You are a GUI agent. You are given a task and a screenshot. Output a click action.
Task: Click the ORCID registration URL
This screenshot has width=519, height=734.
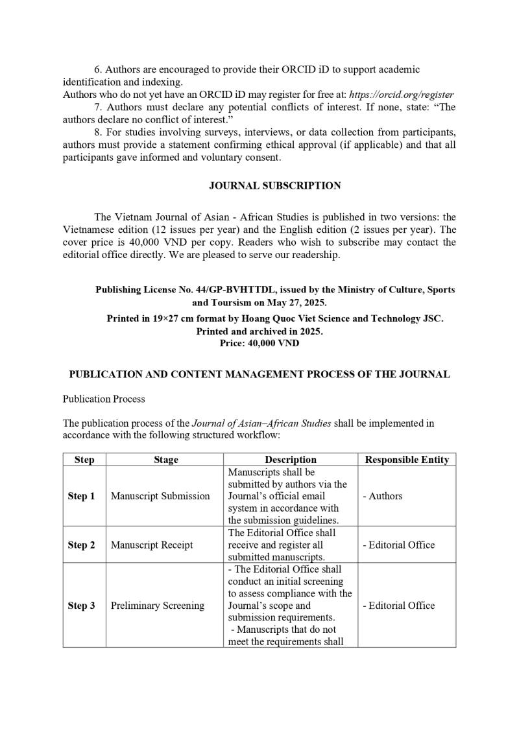(402, 95)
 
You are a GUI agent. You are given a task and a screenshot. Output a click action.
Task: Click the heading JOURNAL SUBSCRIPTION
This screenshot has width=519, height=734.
(274, 186)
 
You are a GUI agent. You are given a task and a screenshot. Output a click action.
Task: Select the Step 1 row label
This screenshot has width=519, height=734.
(81, 496)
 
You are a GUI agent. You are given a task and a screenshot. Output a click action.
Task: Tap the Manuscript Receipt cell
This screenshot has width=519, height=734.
(152, 545)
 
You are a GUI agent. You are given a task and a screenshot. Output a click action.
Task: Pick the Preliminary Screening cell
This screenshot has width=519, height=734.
(158, 606)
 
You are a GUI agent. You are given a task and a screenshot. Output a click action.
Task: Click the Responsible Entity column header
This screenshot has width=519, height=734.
(407, 460)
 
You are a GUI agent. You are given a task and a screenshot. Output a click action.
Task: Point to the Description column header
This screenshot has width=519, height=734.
(291, 460)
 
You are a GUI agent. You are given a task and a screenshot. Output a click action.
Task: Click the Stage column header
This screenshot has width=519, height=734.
(166, 460)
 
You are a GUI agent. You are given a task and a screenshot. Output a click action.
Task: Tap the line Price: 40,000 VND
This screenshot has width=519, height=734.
(259, 344)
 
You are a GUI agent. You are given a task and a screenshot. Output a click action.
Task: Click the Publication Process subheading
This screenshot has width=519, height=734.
(104, 399)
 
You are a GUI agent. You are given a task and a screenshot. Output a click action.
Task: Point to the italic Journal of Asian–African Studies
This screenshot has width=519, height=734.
(261, 423)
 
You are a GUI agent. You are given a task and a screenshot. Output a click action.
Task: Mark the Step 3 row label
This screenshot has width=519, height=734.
(81, 606)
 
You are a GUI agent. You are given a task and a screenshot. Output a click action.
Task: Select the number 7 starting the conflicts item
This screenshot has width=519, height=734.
(97, 107)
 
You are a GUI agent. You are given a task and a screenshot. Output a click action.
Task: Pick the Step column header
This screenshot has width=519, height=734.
(84, 460)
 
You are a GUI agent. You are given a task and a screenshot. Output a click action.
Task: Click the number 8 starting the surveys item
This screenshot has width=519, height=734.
(97, 133)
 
